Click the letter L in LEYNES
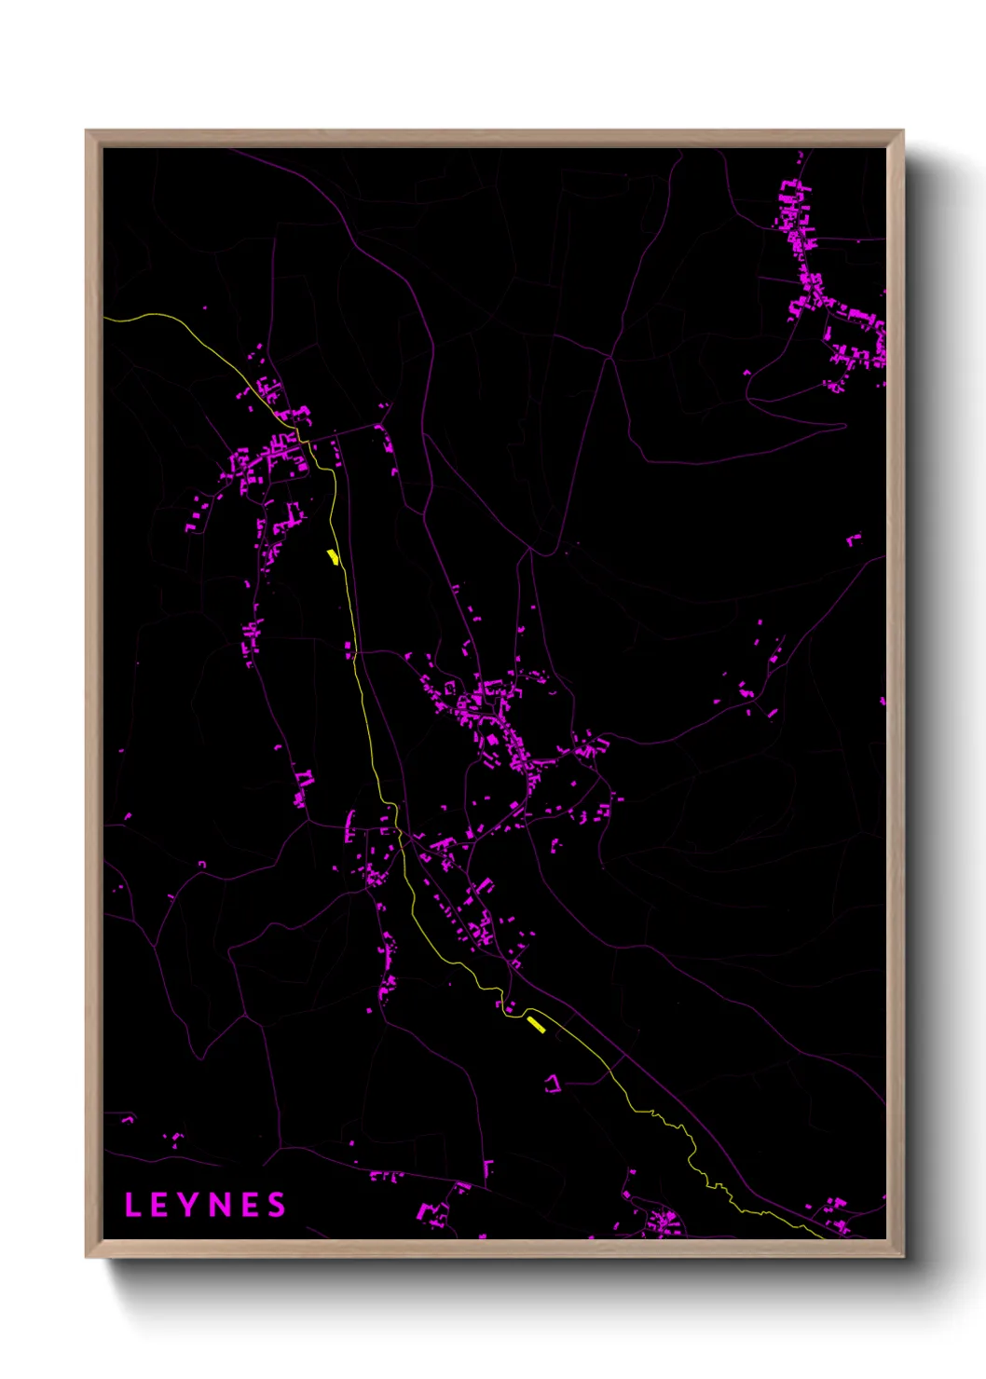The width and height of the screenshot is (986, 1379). coord(132,1205)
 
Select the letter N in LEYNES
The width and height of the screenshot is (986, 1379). coord(220,1205)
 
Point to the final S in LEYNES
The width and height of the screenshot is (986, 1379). coord(277,1205)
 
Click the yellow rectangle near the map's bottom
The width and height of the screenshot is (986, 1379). coord(536,1024)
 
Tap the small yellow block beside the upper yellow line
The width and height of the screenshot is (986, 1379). coord(332,557)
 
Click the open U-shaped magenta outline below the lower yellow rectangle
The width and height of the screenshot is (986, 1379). coord(553,1083)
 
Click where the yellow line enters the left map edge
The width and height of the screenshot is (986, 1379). coord(105,319)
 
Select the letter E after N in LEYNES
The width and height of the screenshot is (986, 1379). coord(249,1205)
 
